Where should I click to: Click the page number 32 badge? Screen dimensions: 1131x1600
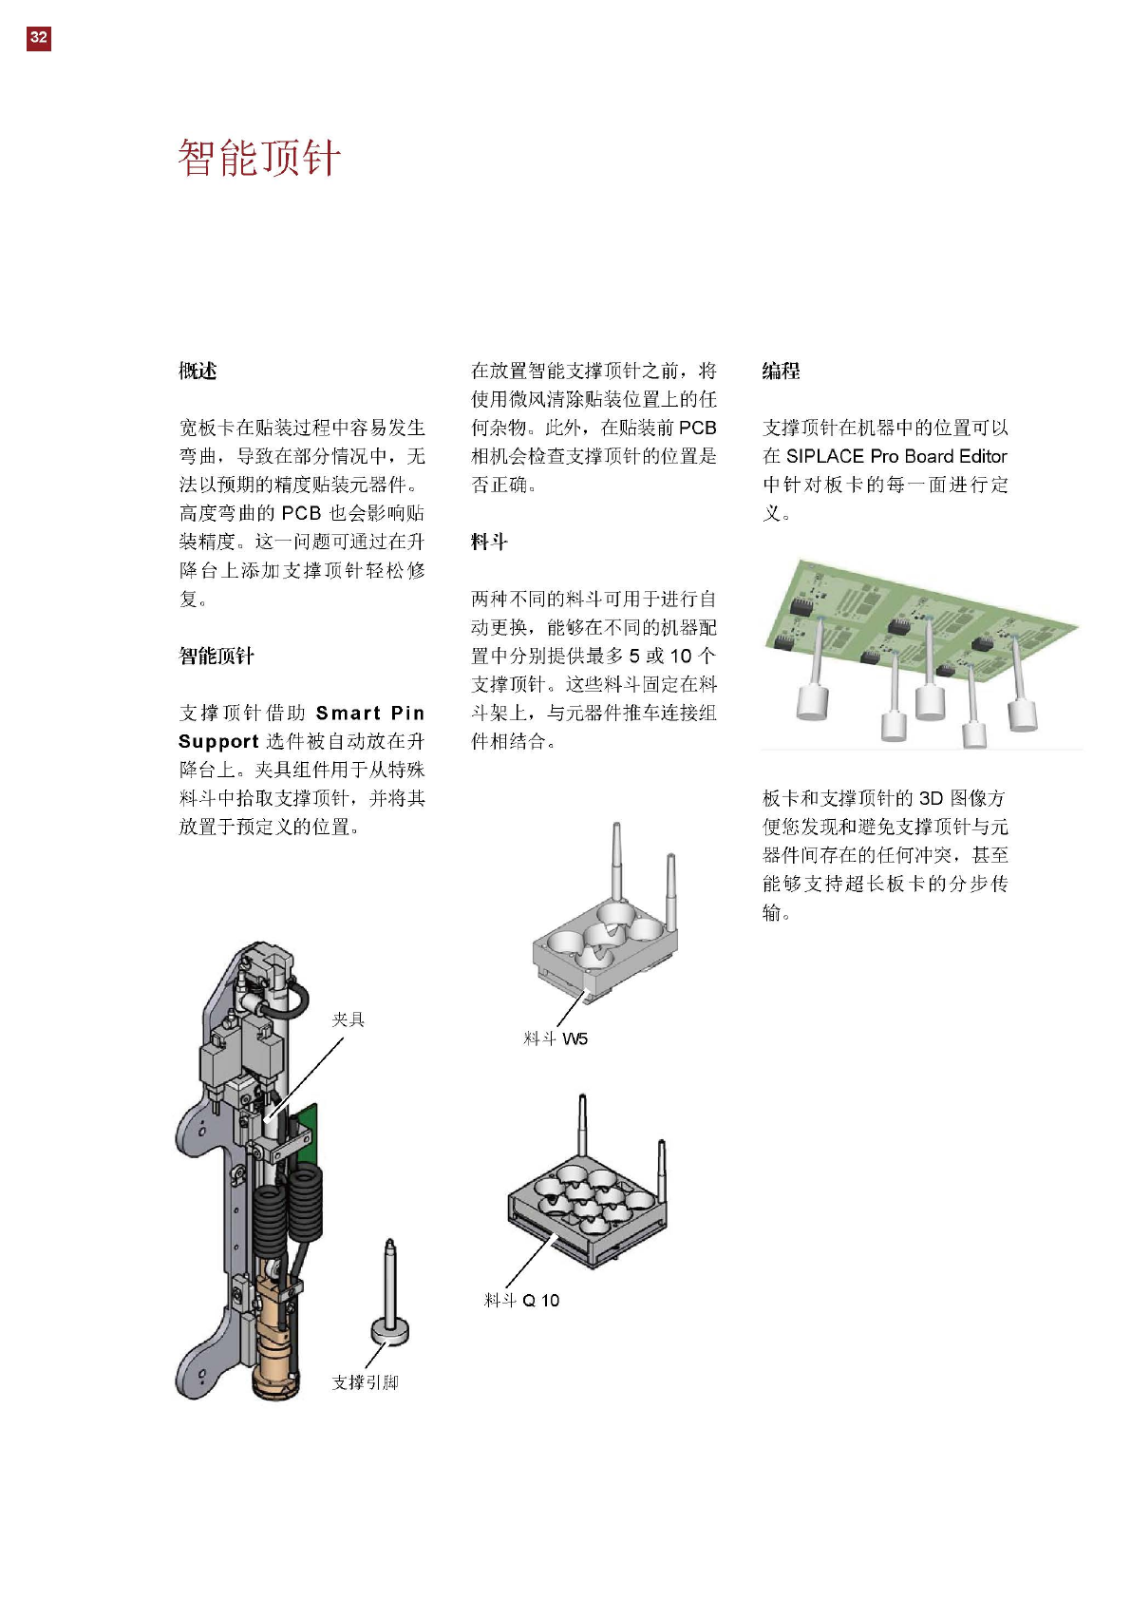(x=38, y=38)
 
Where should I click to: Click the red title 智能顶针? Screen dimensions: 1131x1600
(x=258, y=158)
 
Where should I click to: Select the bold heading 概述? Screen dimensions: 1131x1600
(x=198, y=371)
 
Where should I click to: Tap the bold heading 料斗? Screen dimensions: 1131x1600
(x=489, y=542)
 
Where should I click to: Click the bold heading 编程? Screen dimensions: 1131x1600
(x=781, y=371)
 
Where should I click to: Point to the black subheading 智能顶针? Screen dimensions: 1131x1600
(x=217, y=656)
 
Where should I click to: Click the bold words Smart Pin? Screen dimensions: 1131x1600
(x=369, y=713)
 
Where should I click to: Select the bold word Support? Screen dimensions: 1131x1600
(x=218, y=741)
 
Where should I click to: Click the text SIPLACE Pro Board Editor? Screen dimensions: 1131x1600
(x=895, y=456)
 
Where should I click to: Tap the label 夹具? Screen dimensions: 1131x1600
(x=348, y=1019)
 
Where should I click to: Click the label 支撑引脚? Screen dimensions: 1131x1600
(x=365, y=1382)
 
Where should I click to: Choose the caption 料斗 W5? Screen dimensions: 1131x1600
(x=556, y=1038)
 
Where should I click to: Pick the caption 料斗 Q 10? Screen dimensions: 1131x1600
(x=521, y=1300)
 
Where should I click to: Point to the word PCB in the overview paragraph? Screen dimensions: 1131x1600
(x=301, y=513)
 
